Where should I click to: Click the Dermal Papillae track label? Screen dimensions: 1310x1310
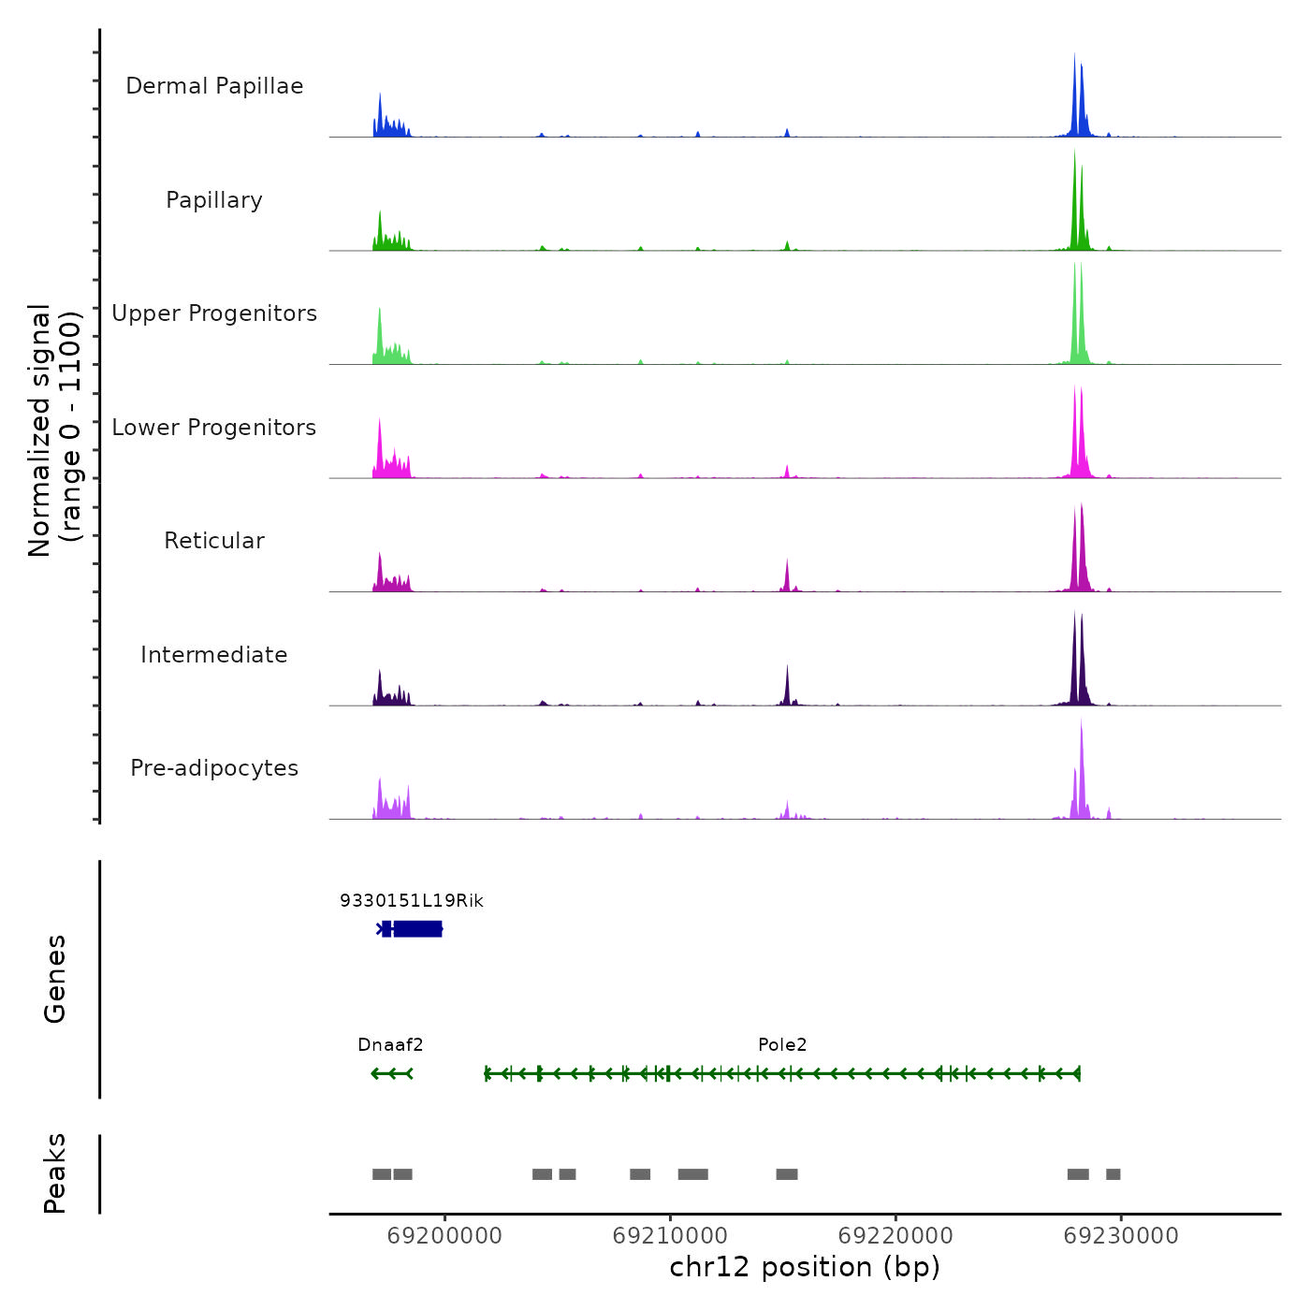[214, 86]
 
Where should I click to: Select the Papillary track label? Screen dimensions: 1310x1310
[214, 200]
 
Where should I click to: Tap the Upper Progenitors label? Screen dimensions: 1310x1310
[214, 313]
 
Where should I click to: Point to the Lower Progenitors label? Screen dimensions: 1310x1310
[214, 428]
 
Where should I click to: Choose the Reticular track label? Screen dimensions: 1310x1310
[214, 541]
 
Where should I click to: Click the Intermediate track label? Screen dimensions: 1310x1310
[214, 655]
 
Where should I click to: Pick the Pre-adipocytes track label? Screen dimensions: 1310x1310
[214, 768]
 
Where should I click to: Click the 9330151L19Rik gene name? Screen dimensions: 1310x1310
[412, 901]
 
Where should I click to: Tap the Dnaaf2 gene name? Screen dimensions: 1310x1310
[390, 1045]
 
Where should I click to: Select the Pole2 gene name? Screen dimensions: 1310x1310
[782, 1045]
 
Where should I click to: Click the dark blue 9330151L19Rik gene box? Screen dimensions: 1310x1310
[417, 929]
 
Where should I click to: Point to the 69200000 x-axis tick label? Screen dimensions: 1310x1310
[444, 1236]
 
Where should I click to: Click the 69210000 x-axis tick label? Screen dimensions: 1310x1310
[670, 1236]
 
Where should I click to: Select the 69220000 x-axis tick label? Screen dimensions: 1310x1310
[895, 1236]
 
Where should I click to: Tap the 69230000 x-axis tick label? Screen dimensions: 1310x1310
[1121, 1236]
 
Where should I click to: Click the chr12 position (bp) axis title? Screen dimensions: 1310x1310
[805, 1267]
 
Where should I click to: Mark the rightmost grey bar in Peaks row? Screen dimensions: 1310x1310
[1113, 1174]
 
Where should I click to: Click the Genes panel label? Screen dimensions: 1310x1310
[55, 979]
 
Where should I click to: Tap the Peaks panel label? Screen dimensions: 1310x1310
[55, 1173]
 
